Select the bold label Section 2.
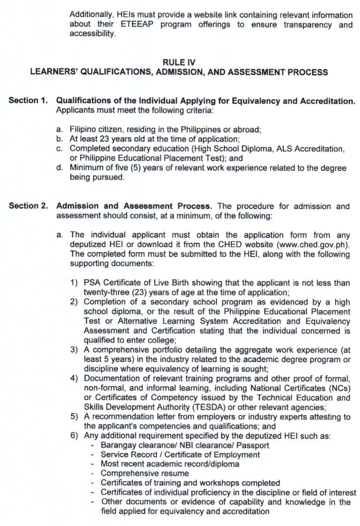click(x=28, y=205)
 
